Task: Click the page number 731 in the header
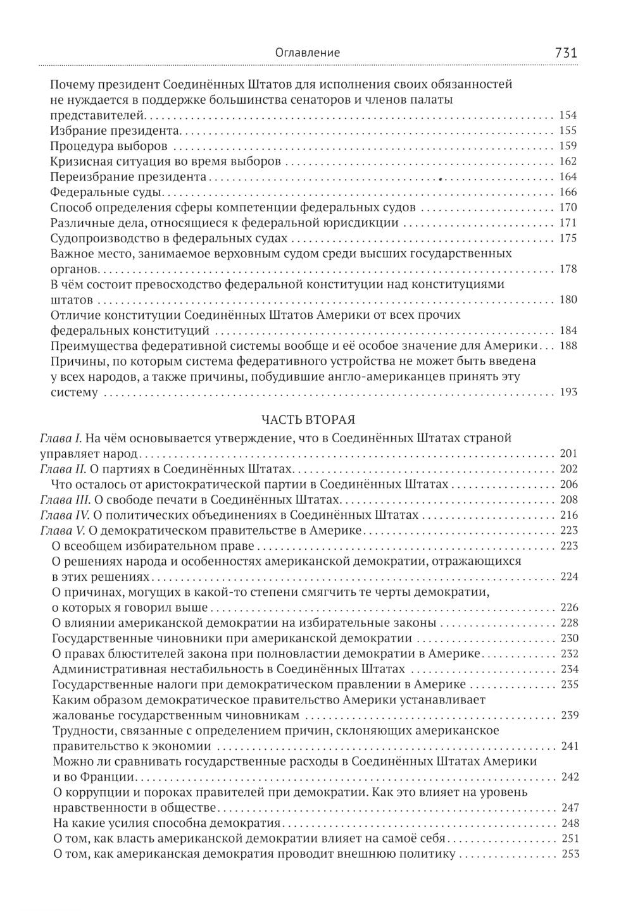[565, 53]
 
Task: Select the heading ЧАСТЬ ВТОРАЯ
[308, 419]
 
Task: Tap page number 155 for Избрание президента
[568, 130]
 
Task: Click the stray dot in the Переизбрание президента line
[441, 178]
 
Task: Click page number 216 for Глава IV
[568, 515]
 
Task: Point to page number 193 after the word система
[568, 392]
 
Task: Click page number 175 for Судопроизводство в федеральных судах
[568, 239]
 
